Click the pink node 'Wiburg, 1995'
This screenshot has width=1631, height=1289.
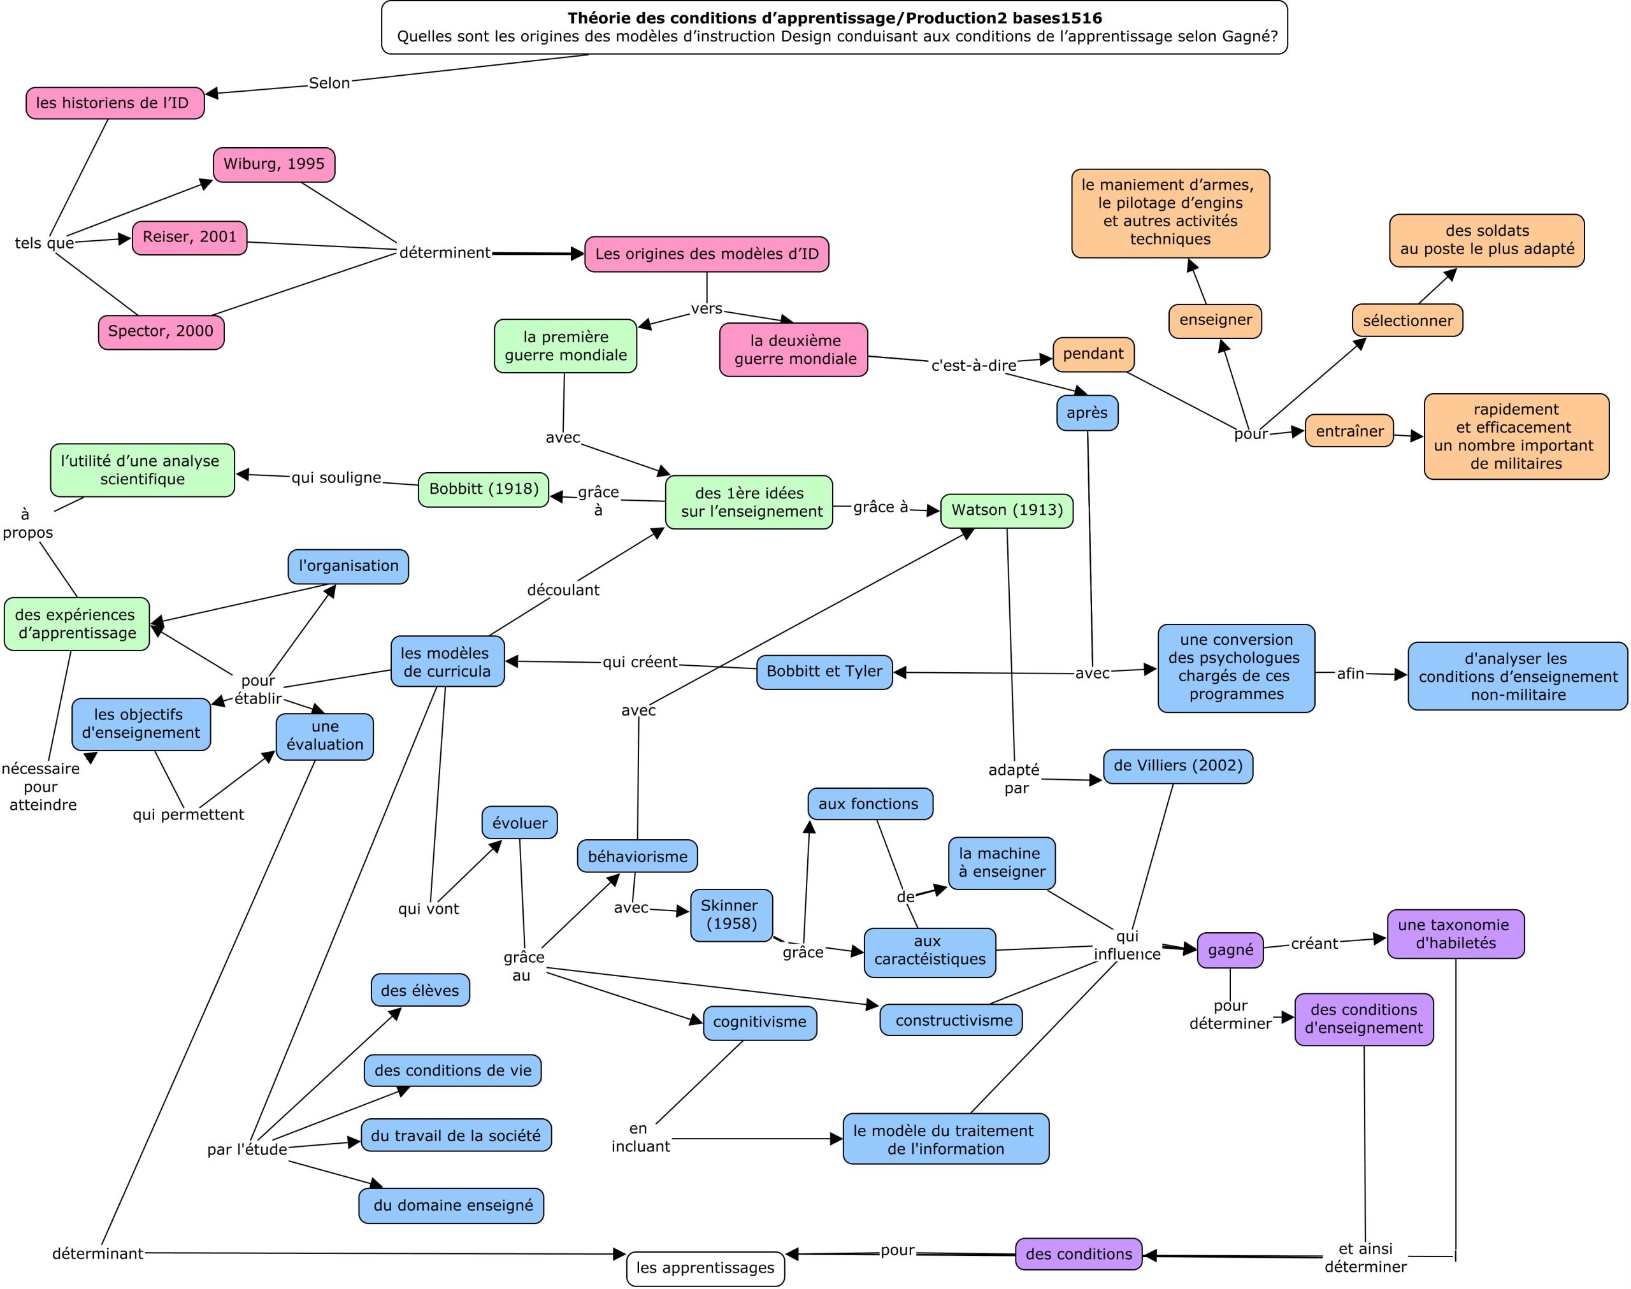click(274, 164)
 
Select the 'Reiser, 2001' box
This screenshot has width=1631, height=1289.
click(189, 238)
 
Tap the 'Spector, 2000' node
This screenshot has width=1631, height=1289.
click(161, 332)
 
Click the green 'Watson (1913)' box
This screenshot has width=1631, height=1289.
click(1007, 511)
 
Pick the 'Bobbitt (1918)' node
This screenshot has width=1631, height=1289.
click(484, 490)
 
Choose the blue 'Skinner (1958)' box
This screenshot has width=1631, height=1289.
click(731, 915)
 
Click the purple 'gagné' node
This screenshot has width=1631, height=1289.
click(1230, 950)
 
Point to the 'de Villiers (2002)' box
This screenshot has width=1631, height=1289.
click(1177, 766)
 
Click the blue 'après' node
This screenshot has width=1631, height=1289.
click(1087, 414)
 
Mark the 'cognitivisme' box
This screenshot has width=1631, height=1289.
click(759, 1023)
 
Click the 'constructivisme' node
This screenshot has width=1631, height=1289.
click(951, 1020)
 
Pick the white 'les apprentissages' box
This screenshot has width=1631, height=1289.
click(705, 1268)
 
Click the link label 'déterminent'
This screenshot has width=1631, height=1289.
click(445, 253)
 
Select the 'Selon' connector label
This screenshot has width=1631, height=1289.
click(329, 83)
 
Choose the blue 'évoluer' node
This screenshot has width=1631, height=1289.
click(520, 823)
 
